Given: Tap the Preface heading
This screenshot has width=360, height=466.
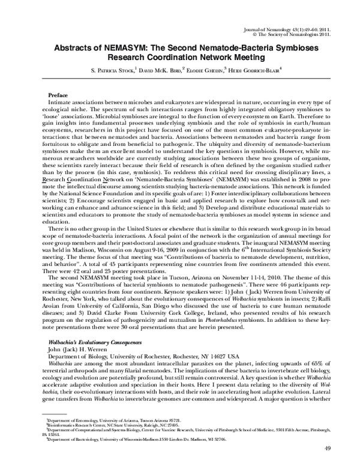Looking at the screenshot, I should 58,96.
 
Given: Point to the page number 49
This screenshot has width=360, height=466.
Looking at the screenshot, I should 327,449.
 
